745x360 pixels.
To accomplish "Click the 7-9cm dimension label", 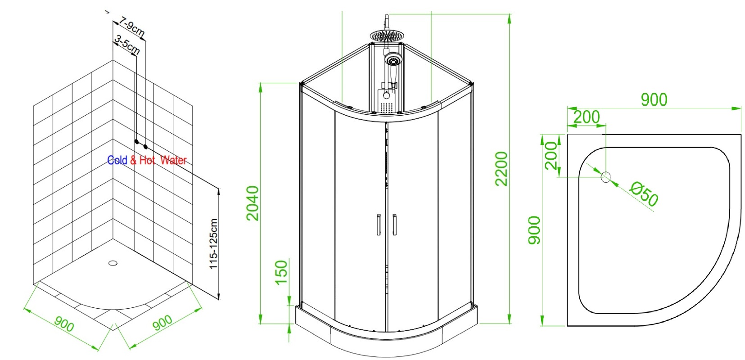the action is (132, 27).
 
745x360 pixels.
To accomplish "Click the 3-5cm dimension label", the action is (127, 45).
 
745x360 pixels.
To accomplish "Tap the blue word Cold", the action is (117, 160).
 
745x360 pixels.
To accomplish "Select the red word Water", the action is (173, 160).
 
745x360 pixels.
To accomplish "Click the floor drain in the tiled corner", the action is (113, 263).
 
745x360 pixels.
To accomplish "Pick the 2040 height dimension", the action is (253, 203).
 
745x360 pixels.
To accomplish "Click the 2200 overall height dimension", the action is (501, 169).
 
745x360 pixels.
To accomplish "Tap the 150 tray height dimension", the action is (281, 273).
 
